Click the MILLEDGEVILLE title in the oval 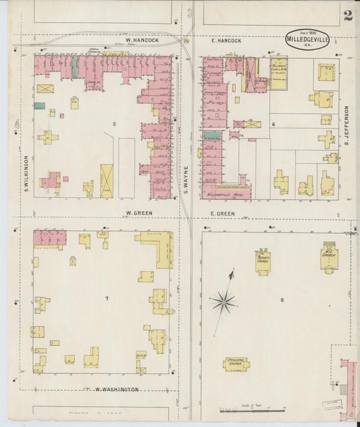point(307,39)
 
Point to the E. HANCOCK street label point(226,41)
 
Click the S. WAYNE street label point(184,182)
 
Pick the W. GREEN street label point(137,213)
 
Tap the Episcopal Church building point(236,363)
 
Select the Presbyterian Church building point(263,261)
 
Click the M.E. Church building point(329,257)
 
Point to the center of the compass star point(224,301)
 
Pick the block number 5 point(115,124)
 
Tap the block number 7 point(106,298)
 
